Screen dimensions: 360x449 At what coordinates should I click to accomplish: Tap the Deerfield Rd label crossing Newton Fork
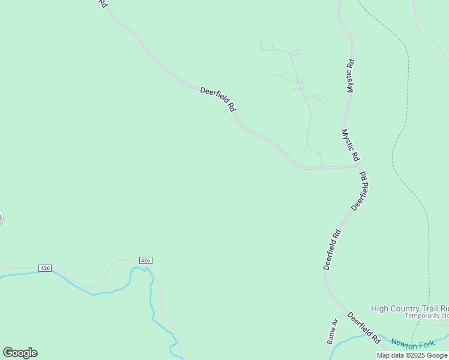click(x=364, y=328)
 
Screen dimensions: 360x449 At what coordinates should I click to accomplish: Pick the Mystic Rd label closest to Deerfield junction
click(x=350, y=145)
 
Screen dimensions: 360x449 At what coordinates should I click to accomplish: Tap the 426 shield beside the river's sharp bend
click(x=145, y=260)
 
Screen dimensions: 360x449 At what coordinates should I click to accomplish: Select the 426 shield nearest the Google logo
click(x=45, y=268)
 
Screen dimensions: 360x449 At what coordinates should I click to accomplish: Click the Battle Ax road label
click(x=333, y=331)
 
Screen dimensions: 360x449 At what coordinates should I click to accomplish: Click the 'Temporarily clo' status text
click(x=426, y=316)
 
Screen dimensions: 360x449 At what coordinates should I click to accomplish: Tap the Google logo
click(x=20, y=352)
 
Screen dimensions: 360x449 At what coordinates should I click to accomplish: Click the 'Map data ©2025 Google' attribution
click(x=412, y=355)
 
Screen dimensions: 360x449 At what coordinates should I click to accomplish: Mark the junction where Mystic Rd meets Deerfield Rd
click(x=360, y=166)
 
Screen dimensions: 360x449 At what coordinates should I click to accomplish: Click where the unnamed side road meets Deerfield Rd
click(x=322, y=167)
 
